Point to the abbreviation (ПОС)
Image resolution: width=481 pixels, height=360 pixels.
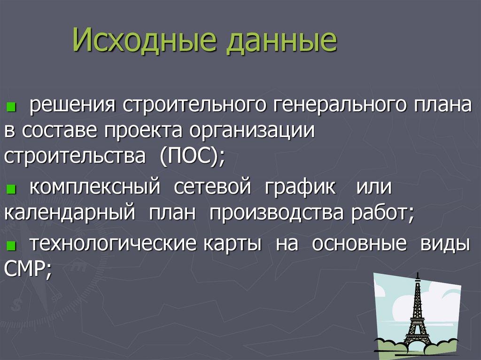click(x=191, y=157)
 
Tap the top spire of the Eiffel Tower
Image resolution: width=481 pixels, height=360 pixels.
click(x=416, y=276)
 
